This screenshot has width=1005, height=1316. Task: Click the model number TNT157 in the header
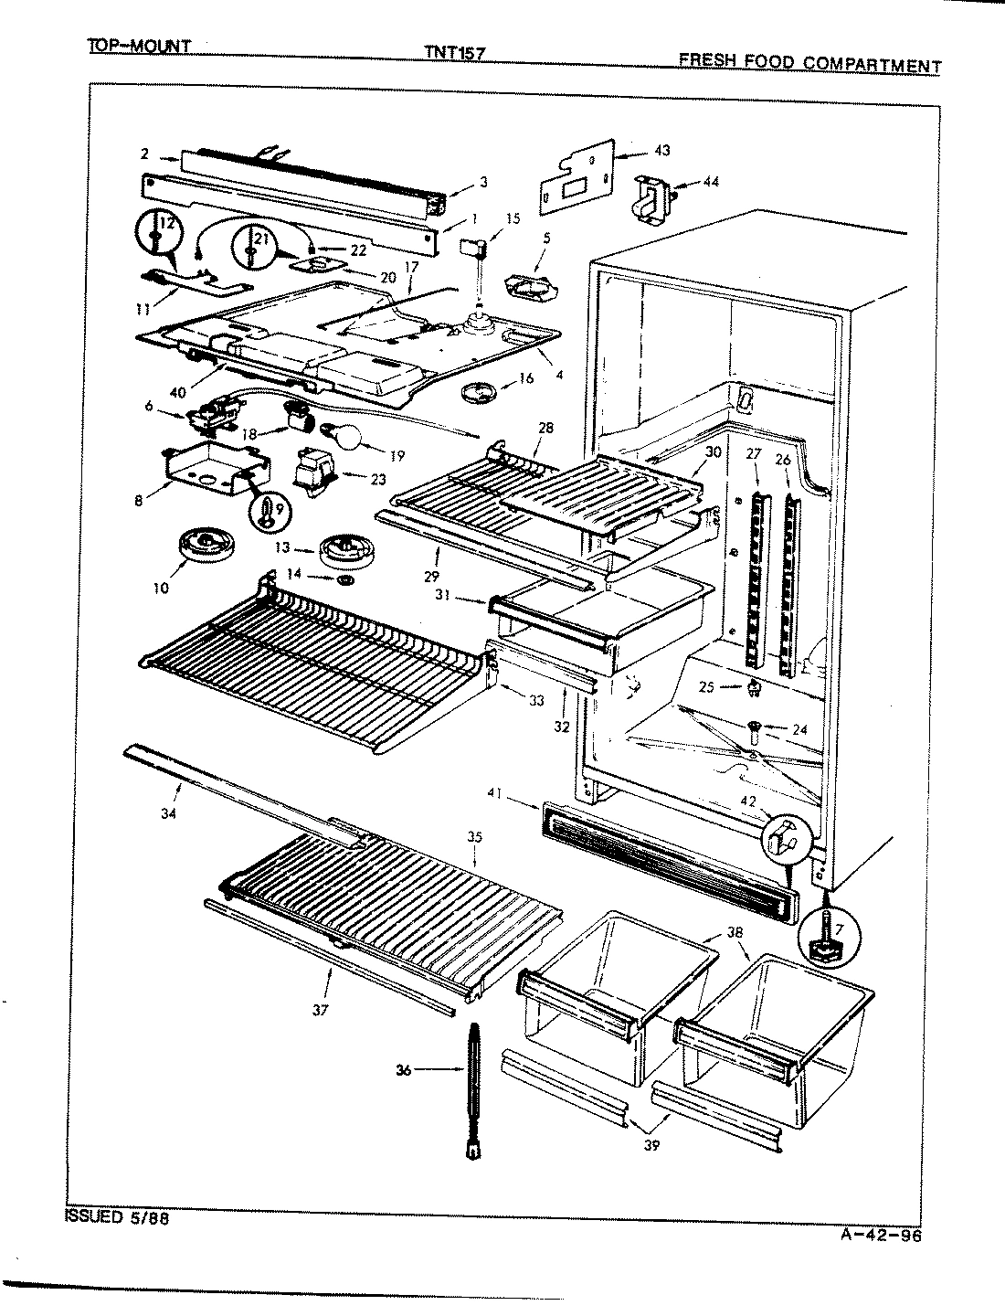coord(453,53)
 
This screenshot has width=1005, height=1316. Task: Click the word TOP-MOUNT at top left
coord(138,46)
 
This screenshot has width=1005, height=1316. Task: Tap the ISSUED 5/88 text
coord(117,1217)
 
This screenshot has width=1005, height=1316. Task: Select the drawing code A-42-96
coord(880,1237)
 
